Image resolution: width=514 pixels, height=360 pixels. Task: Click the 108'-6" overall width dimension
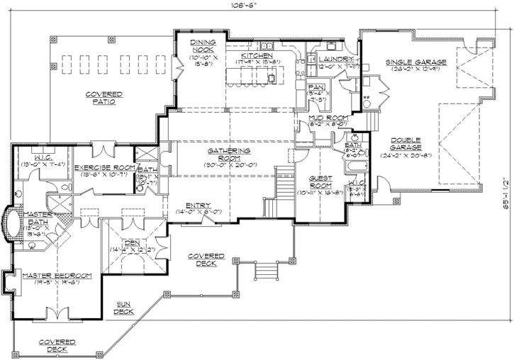[x=245, y=6]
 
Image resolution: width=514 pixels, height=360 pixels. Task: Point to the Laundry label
[x=335, y=59]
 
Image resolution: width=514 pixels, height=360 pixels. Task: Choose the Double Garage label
[x=405, y=144]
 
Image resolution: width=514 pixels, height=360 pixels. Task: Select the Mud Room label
[x=327, y=117]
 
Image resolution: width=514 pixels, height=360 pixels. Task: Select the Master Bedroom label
[x=56, y=275]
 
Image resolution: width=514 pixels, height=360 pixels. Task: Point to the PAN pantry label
[x=316, y=86]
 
